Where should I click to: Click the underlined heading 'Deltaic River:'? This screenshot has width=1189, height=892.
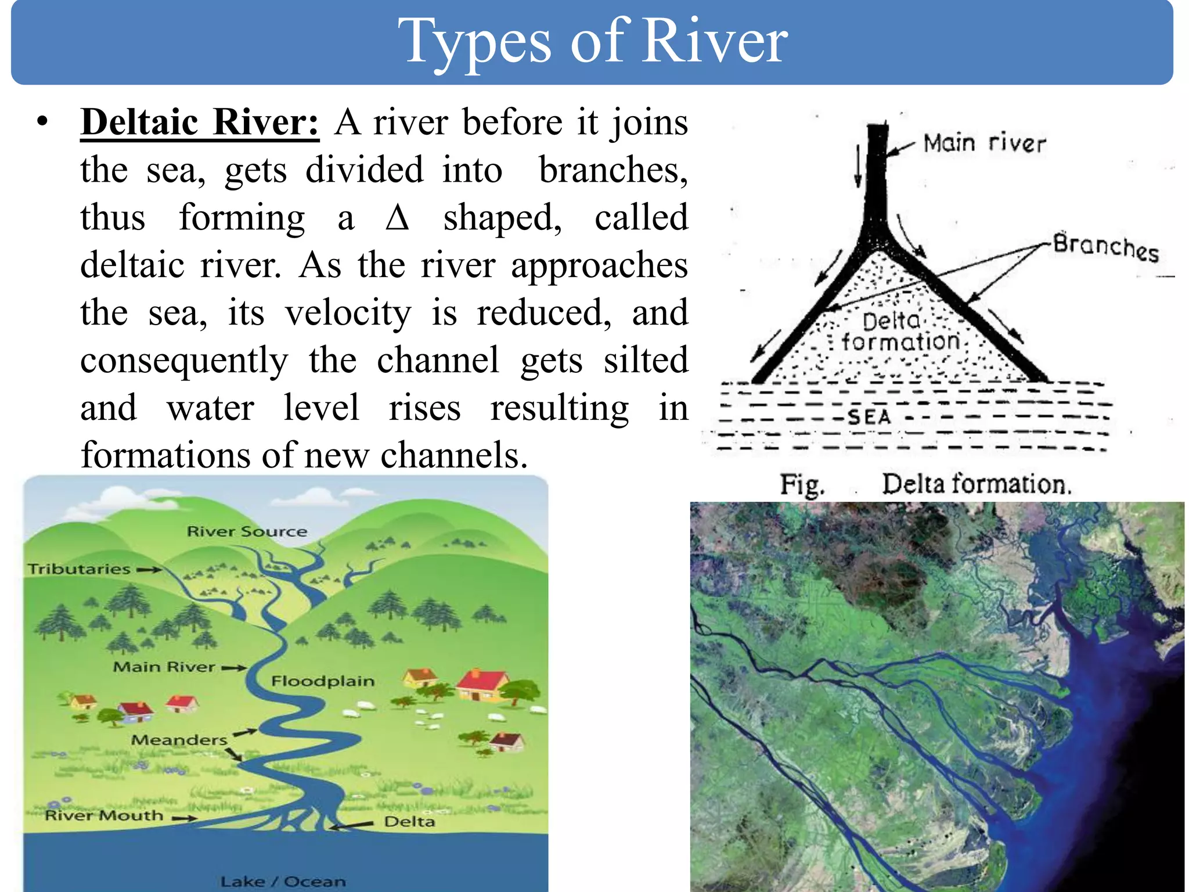tap(200, 123)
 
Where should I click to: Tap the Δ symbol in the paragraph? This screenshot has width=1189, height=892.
tap(398, 218)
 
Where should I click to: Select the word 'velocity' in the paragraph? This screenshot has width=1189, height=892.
tap(348, 313)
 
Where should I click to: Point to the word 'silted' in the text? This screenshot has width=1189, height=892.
tap(646, 361)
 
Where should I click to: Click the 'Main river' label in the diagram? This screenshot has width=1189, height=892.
tap(984, 143)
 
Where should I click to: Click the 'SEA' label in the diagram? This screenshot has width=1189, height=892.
tap(869, 417)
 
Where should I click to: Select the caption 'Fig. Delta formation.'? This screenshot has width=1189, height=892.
tap(925, 484)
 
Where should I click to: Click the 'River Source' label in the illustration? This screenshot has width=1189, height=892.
tap(247, 531)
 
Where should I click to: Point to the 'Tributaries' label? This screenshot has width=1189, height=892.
tap(79, 569)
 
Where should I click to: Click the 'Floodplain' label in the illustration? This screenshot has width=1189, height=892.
tap(323, 681)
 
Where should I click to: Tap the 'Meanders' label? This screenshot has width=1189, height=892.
tap(179, 740)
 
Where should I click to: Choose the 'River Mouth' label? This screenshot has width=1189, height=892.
tap(105, 816)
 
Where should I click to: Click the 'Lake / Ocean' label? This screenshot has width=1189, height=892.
tap(283, 882)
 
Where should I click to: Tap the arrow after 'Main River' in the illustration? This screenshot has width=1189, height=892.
tap(234, 668)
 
